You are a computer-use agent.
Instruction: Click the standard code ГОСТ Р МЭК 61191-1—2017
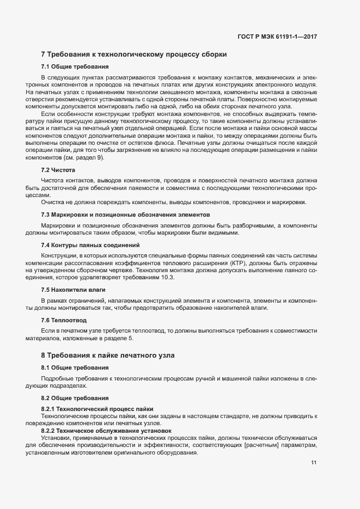(x=277, y=36)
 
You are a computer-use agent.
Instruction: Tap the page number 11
(x=314, y=463)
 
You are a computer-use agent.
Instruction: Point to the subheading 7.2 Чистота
(x=58, y=170)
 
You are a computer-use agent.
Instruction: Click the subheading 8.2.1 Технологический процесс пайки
(x=97, y=409)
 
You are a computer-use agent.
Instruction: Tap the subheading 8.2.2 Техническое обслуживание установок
(x=106, y=431)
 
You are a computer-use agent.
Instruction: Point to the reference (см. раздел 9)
(x=86, y=157)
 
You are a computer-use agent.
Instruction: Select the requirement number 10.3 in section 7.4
(x=168, y=278)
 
